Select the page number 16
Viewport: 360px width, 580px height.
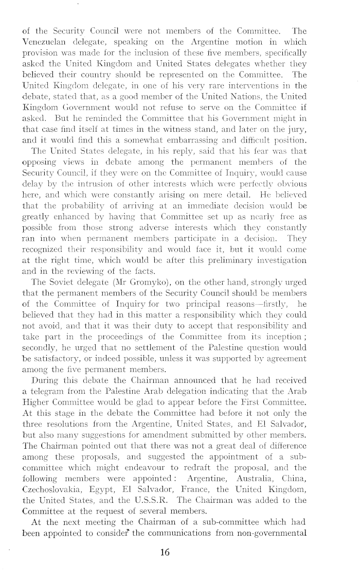[165, 549]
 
